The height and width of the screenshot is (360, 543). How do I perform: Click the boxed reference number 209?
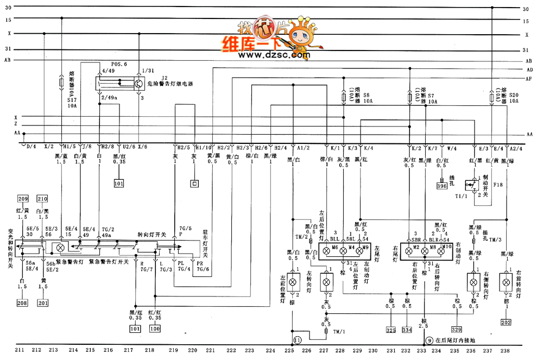[23, 198]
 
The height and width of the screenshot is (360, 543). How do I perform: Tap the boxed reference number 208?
[22, 302]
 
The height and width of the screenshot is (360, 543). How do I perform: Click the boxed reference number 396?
[443, 187]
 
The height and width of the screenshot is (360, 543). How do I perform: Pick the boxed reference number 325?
[391, 330]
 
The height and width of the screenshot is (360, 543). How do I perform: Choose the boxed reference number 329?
[456, 330]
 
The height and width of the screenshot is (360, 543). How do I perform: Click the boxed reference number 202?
[506, 322]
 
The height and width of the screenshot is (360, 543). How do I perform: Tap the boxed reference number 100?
[155, 329]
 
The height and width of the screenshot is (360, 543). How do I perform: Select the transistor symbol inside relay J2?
[138, 84]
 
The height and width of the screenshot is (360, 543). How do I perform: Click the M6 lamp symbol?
[326, 251]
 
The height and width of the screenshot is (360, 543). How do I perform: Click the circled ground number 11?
[297, 340]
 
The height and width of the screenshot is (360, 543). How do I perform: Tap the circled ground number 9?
[429, 340]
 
